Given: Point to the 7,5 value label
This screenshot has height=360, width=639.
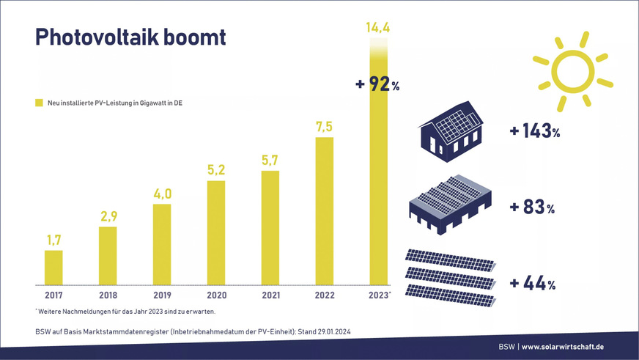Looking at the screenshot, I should (x=324, y=127).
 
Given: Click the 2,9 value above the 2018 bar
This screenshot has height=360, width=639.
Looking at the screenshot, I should (x=108, y=217).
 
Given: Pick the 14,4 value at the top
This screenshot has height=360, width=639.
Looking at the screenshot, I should (x=378, y=29).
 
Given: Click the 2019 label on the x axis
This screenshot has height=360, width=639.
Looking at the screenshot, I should (x=162, y=295).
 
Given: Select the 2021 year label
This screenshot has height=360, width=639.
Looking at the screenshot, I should (x=270, y=295).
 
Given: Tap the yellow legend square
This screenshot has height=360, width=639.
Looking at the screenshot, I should (x=39, y=103).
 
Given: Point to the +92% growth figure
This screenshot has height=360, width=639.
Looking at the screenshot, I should (x=377, y=84).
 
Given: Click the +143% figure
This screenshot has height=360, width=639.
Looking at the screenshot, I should (x=534, y=132).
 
